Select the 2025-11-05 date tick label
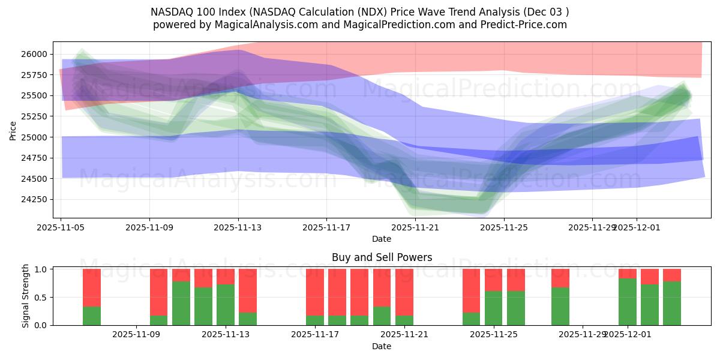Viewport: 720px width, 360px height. (61, 227)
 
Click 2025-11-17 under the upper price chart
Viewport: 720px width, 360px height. (326, 227)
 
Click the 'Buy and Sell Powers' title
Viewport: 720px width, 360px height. (382, 257)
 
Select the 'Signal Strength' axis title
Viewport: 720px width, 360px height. (26, 296)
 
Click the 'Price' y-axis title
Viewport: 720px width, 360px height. (13, 130)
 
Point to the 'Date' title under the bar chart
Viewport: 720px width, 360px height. (382, 346)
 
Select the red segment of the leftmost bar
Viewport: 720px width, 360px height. (92, 287)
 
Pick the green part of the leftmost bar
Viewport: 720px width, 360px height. (92, 316)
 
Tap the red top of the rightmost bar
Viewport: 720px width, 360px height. (672, 275)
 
